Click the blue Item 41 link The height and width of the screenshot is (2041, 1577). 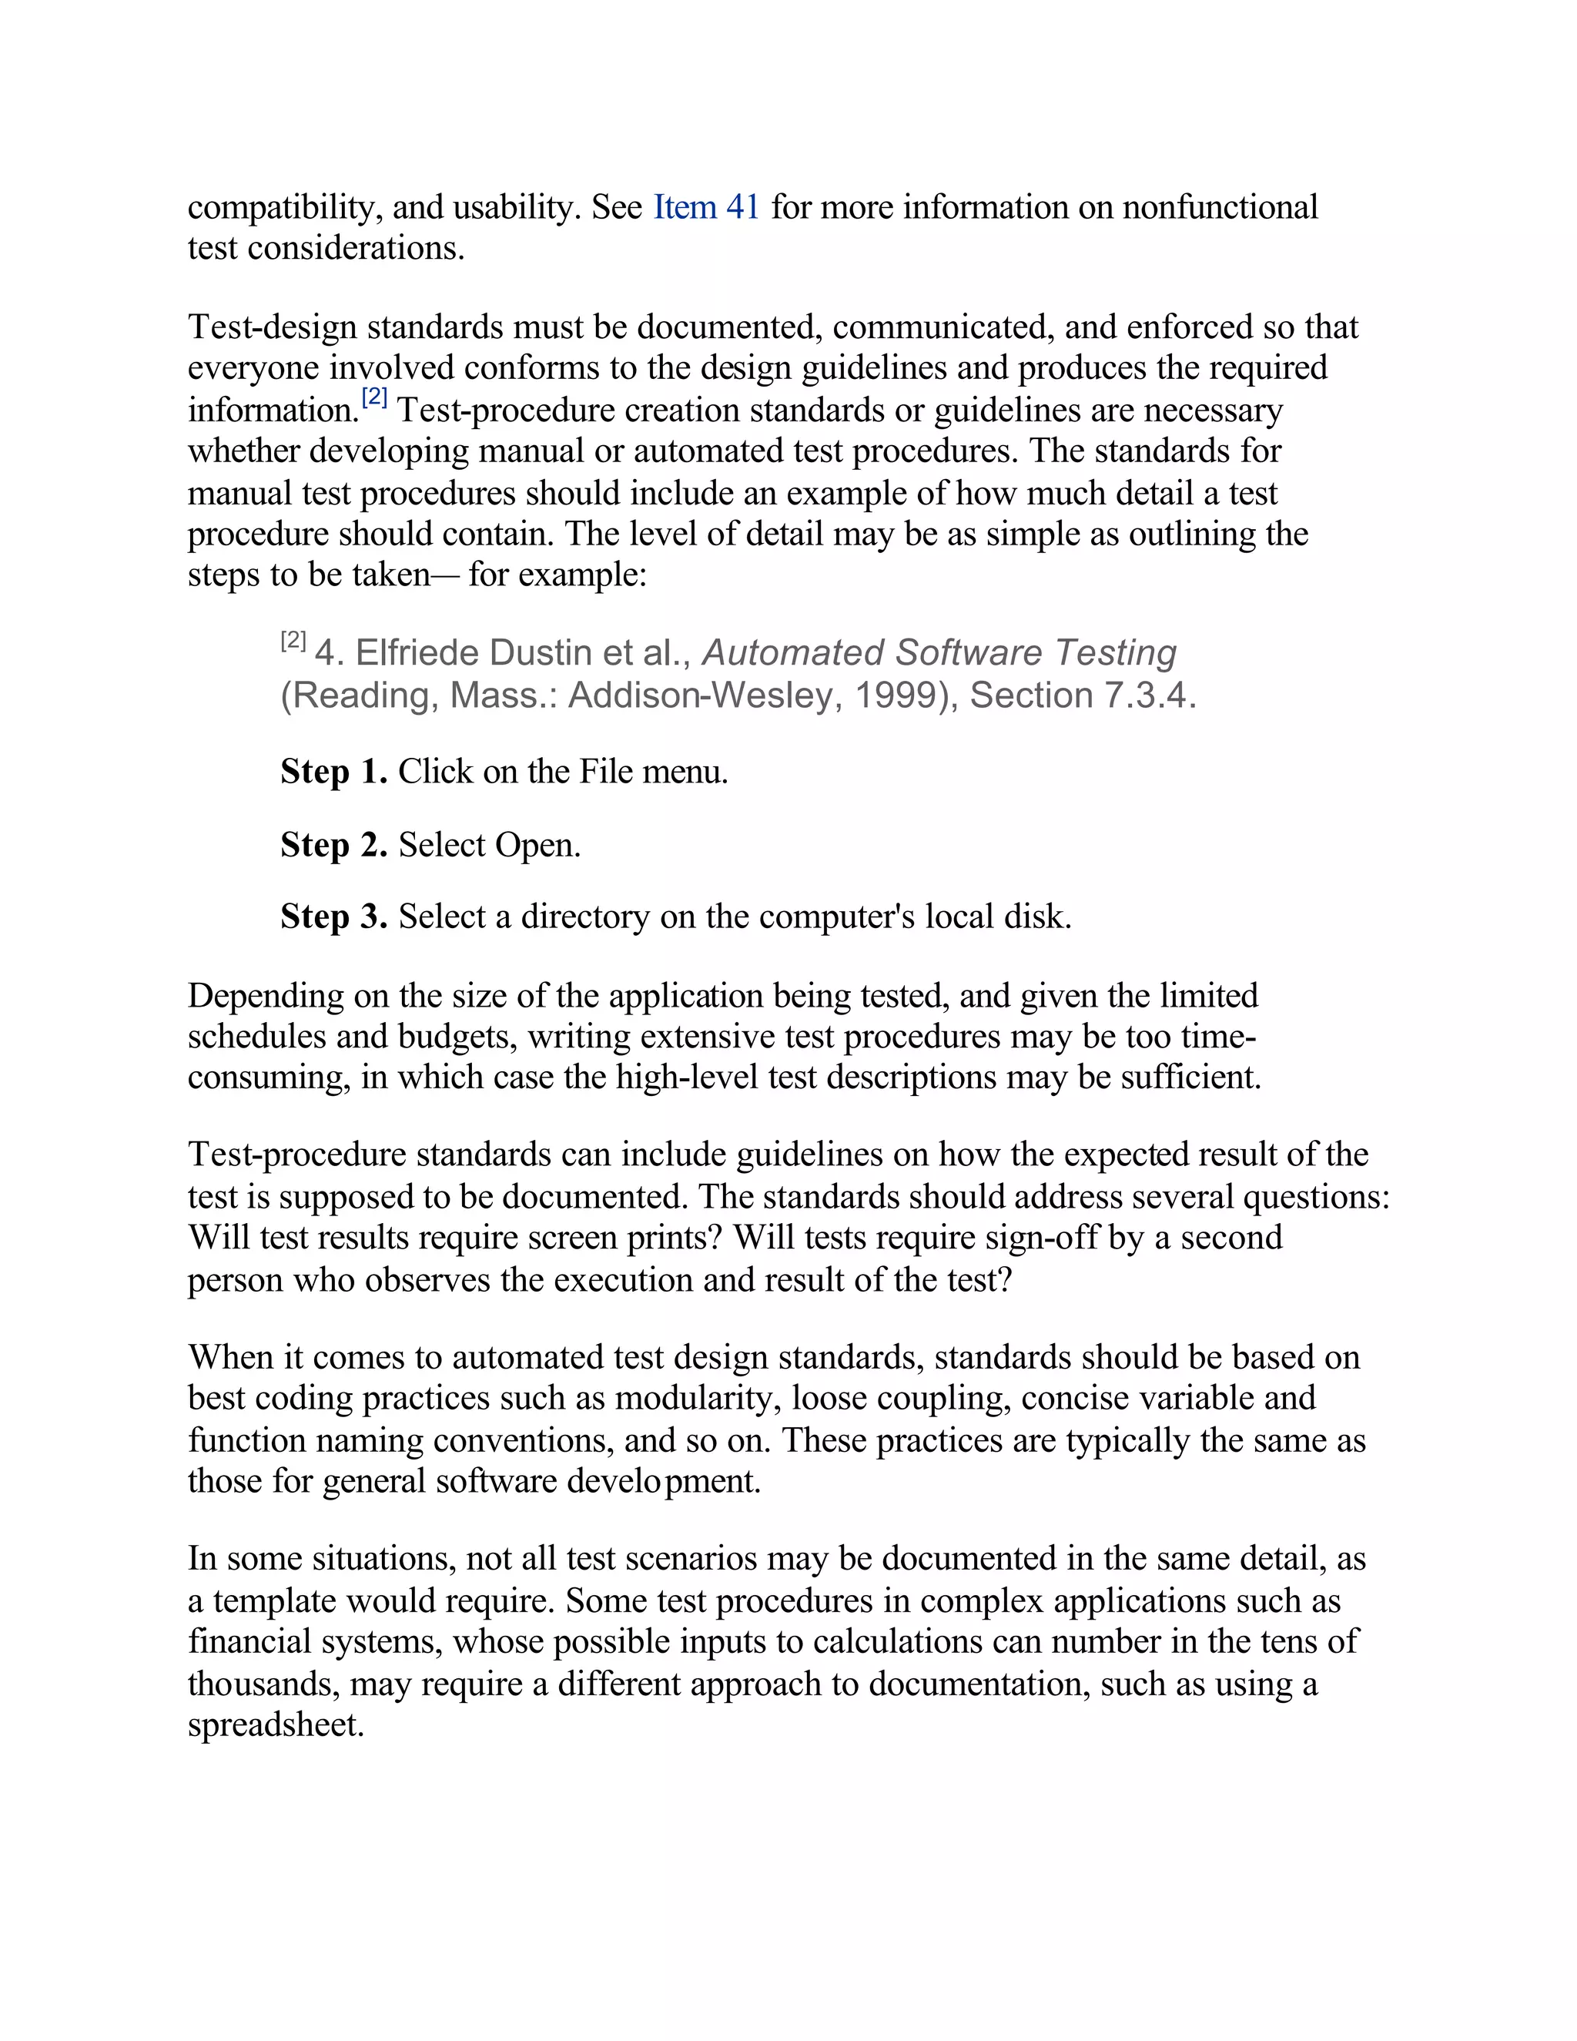705,207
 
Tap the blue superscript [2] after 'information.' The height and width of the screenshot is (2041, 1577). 375,398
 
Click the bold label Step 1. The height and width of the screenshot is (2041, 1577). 333,772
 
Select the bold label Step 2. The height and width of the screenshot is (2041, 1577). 333,845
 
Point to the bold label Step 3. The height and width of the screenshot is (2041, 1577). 333,917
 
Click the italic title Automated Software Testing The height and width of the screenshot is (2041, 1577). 938,652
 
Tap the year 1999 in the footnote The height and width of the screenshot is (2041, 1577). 894,695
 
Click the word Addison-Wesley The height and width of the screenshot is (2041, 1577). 700,695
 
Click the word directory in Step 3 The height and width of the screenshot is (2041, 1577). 584,917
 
